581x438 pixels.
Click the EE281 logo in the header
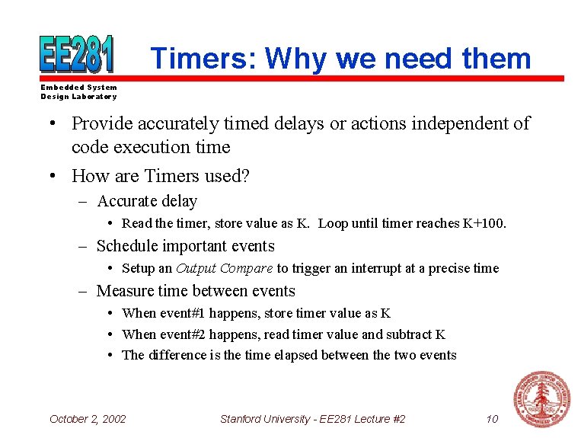click(x=77, y=54)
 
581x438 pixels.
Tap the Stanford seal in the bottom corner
click(x=541, y=399)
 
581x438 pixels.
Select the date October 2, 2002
click(x=88, y=418)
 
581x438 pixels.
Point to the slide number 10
click(x=492, y=418)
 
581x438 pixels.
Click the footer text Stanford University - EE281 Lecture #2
click(x=312, y=418)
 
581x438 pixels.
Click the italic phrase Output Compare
click(x=224, y=268)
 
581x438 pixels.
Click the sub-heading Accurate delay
click(x=147, y=201)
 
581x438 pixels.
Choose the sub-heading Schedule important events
click(x=185, y=246)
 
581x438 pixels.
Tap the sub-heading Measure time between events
click(x=196, y=291)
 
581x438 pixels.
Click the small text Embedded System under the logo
click(x=78, y=88)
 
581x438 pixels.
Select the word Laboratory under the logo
click(x=94, y=97)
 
